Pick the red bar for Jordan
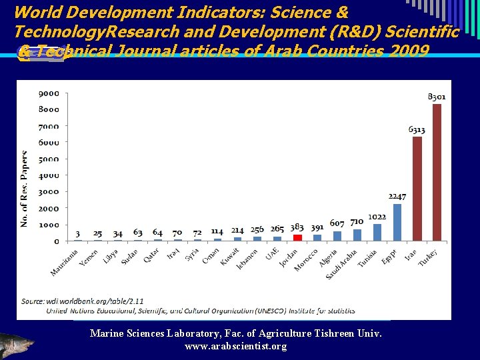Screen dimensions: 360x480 coord(297,237)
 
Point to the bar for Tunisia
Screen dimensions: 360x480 coord(377,232)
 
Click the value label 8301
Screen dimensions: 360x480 coord(437,97)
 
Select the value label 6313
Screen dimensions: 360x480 coord(417,129)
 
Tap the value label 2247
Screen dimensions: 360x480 coord(397,197)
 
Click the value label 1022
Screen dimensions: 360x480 coord(377,217)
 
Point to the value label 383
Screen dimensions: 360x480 coord(297,228)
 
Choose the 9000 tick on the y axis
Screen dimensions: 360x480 coord(47,93)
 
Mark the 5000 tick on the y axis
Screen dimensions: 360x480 coord(47,159)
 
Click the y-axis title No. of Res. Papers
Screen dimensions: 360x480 coord(25,189)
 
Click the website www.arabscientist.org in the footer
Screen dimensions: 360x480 coord(235,347)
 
